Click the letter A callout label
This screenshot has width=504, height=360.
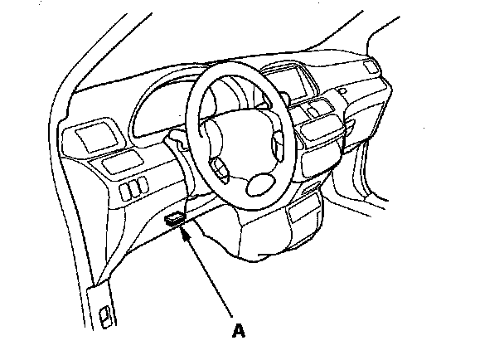(239, 331)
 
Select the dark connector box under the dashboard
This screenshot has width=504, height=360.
(176, 219)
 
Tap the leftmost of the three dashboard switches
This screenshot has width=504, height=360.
(125, 193)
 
